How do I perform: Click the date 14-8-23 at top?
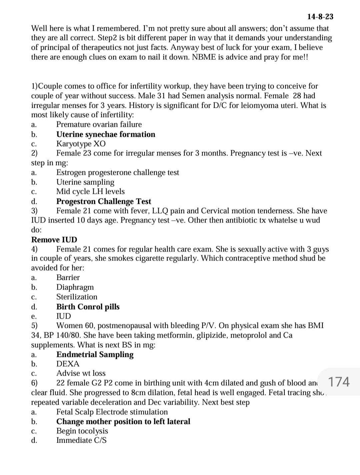(320, 17)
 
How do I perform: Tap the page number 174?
(339, 381)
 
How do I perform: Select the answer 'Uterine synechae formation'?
(106, 134)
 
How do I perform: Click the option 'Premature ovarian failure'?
(99, 124)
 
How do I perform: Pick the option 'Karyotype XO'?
(81, 144)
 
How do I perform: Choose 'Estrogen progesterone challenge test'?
(118, 172)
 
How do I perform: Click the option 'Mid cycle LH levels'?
(90, 191)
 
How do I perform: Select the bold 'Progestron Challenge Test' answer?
(104, 201)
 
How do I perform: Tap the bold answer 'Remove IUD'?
(54, 240)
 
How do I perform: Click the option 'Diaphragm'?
(75, 287)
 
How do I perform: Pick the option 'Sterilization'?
(77, 297)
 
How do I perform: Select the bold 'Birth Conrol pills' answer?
(88, 307)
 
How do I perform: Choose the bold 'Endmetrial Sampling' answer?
(95, 354)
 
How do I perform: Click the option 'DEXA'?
(68, 364)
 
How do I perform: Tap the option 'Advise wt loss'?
(81, 373)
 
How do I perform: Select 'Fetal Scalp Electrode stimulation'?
(112, 412)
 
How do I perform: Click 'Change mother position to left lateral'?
(123, 421)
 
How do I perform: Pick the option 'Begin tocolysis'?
(82, 431)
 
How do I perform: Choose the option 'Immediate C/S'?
(81, 440)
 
